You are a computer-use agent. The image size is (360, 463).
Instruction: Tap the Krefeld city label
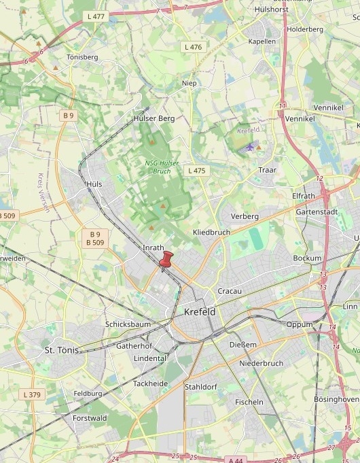tap(200, 312)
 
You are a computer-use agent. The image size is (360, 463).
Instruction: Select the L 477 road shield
tap(97, 15)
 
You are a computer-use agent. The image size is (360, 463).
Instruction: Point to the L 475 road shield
tap(196, 171)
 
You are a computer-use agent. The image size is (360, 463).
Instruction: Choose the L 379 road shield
tap(31, 394)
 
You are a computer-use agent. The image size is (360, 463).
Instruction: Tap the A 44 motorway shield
tap(236, 460)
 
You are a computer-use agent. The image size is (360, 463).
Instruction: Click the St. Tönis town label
tap(62, 350)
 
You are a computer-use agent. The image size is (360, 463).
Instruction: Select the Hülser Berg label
tap(154, 118)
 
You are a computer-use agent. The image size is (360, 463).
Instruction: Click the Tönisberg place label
tap(82, 57)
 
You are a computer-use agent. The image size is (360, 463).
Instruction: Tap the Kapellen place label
tap(262, 41)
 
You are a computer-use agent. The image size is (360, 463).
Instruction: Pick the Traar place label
tap(267, 169)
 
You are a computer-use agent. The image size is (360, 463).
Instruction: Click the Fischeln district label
tap(249, 402)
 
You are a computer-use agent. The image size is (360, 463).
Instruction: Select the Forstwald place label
tap(90, 418)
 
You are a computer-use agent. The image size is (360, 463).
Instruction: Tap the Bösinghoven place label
tap(337, 399)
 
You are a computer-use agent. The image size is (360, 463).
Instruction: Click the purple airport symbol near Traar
tap(250, 146)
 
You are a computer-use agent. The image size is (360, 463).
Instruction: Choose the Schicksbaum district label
tap(128, 324)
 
